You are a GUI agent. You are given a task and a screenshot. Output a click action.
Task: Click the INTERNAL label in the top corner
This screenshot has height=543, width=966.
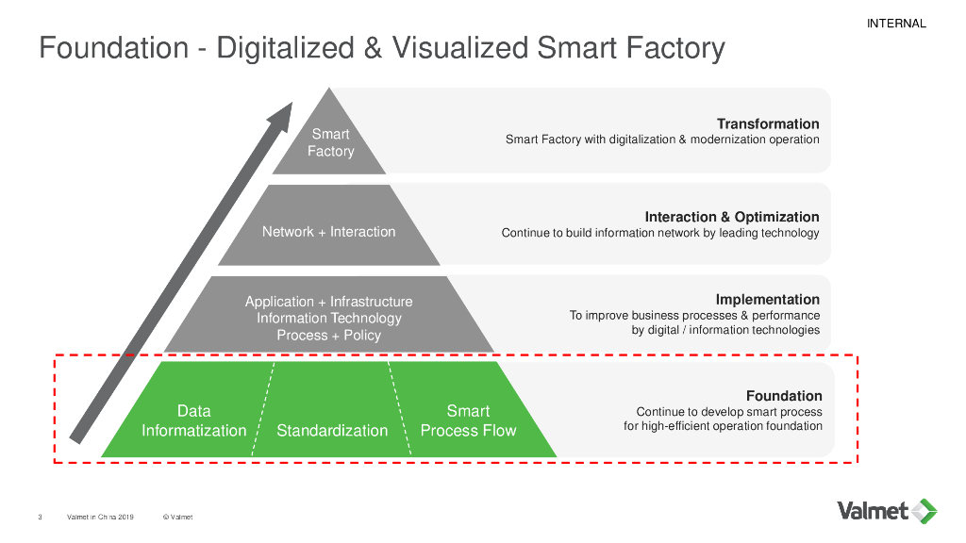[x=895, y=24]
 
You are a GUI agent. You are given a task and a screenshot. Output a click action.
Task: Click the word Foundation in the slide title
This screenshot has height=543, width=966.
[x=114, y=48]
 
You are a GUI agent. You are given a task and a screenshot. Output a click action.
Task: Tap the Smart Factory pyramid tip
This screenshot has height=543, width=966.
[x=330, y=142]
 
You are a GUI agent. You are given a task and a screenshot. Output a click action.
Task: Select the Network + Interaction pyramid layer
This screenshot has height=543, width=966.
[x=328, y=231]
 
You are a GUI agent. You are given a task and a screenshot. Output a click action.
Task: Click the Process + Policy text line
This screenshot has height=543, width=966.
[x=328, y=336]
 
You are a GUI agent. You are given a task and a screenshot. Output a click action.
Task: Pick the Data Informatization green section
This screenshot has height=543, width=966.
[x=193, y=420]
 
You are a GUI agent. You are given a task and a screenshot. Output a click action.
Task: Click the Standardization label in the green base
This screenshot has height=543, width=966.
[x=332, y=431]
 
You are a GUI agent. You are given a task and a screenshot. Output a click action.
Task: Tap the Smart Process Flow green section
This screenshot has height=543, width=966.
[x=468, y=420]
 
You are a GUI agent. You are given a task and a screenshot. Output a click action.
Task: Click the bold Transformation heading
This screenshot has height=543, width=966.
[x=768, y=123]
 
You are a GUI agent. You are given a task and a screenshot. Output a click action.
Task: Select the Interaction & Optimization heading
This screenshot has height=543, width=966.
[x=732, y=217]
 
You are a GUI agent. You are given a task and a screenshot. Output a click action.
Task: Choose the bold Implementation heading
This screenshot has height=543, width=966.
[x=768, y=299]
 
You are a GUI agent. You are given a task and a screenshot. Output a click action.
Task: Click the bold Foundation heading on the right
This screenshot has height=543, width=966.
[x=784, y=396]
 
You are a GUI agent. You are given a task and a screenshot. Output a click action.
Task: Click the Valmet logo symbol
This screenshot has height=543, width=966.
[x=924, y=511]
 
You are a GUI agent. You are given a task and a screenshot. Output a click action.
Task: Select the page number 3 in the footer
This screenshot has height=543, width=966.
[x=40, y=517]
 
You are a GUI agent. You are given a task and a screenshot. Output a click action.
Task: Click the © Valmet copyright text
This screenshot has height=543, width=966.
[x=177, y=517]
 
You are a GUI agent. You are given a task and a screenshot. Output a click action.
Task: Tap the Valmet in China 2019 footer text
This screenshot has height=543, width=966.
[x=100, y=517]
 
